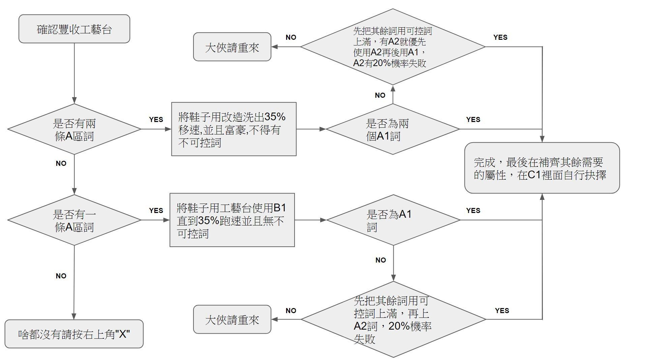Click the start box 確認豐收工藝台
point(74,29)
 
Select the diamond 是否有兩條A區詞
point(74,129)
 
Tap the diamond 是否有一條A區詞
point(74,220)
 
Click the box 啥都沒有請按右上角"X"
point(74,334)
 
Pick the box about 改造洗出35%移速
point(234,129)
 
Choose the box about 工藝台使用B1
point(232,220)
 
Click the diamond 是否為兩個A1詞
point(393,129)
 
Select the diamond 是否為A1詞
point(393,220)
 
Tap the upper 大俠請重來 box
point(232,47)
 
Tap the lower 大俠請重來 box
point(232,320)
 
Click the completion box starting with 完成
point(542,168)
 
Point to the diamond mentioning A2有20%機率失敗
point(393,47)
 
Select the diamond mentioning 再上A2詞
point(393,319)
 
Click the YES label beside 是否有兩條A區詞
point(156,120)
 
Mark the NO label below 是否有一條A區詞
point(61,276)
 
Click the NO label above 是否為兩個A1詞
point(380,95)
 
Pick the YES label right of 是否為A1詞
point(473,211)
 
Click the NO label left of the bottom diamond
point(291,311)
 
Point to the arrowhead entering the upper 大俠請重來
point(274,47)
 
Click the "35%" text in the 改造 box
point(275,117)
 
